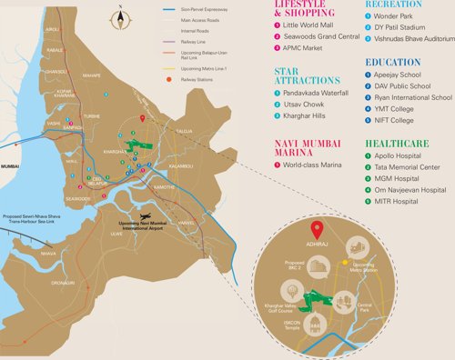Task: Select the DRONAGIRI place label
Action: tap(62, 283)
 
